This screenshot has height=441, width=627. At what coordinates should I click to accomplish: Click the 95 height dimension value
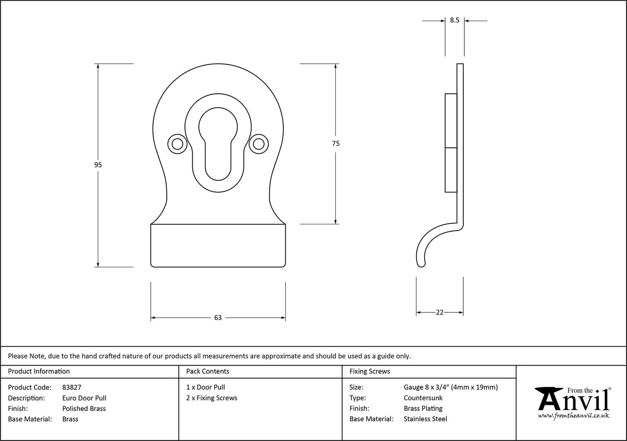[98, 165]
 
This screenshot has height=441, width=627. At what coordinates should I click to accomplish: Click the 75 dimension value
[336, 144]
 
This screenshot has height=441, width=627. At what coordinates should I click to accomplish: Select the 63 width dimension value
[217, 317]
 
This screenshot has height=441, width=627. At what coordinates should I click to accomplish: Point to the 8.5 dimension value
[454, 20]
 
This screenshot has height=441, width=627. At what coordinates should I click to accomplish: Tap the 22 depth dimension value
[440, 312]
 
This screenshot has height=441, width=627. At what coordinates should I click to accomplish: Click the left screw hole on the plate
[177, 144]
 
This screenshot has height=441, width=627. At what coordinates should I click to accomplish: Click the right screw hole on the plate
[258, 144]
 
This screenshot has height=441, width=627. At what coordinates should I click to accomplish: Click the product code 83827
[71, 387]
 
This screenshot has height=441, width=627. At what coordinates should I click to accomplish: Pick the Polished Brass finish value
[84, 408]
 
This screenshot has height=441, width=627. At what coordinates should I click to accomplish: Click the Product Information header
[39, 371]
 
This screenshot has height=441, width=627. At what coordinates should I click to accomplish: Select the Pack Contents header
[208, 371]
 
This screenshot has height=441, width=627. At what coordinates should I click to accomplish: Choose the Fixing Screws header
[370, 371]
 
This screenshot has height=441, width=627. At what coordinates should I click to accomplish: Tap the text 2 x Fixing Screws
[212, 398]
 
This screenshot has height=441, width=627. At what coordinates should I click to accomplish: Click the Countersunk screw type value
[423, 398]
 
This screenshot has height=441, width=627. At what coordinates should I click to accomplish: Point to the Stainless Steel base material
[426, 419]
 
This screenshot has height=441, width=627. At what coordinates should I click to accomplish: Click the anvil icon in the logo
[549, 398]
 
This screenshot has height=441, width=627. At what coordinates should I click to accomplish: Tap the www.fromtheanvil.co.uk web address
[573, 416]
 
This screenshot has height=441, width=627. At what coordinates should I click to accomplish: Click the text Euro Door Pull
[84, 398]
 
